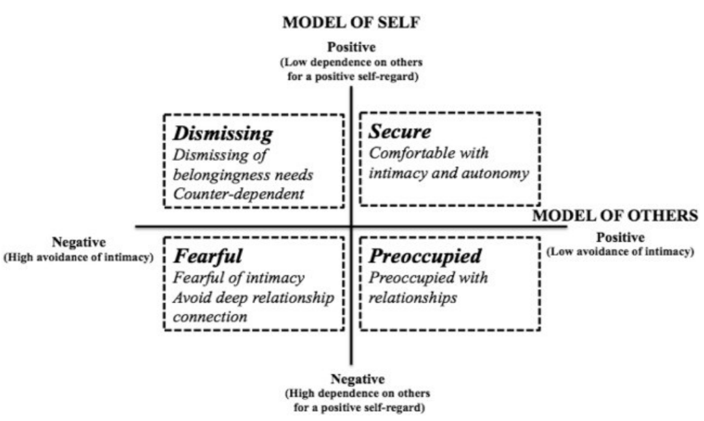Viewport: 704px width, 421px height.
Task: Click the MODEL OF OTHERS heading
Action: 616,216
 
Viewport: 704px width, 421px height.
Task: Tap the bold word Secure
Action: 401,132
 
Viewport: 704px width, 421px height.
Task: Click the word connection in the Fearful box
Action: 209,317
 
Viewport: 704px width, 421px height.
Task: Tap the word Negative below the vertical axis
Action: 358,379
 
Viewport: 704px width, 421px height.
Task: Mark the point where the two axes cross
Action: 352,227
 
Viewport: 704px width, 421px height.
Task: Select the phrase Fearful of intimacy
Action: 238,278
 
